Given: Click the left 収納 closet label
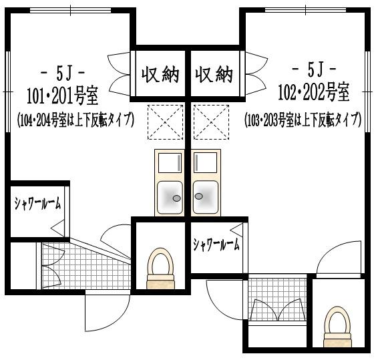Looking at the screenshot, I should tap(160, 74).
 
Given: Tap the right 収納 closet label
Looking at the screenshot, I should tap(214, 74).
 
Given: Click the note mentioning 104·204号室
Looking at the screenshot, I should tap(75, 120).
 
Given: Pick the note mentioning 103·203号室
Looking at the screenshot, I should tap(304, 120).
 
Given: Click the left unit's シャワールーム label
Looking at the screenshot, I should tap(37, 204).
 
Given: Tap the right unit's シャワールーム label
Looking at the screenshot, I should tap(216, 245).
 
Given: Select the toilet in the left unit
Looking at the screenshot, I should tap(160, 268).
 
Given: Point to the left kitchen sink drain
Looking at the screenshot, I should tap(176, 198).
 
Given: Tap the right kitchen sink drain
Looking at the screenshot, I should tap(198, 196).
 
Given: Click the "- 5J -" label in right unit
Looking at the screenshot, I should tap(313, 69).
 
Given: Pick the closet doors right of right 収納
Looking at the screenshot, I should tap(254, 73).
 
